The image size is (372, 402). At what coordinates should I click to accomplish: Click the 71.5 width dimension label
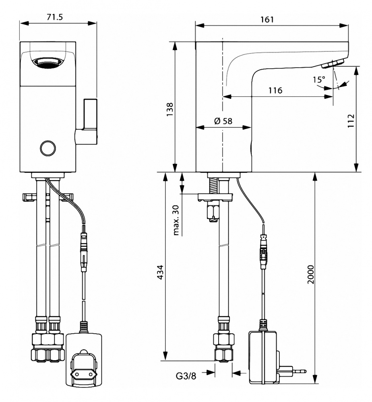pyautogui.click(x=55, y=17)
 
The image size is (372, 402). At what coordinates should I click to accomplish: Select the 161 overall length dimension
pyautogui.click(x=267, y=19)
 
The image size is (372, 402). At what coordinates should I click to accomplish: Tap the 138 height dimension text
pyautogui.click(x=170, y=110)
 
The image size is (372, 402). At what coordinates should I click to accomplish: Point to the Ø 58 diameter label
pyautogui.click(x=223, y=121)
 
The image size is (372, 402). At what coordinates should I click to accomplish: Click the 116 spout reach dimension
pyautogui.click(x=275, y=90)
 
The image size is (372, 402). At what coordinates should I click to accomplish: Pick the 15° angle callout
pyautogui.click(x=318, y=80)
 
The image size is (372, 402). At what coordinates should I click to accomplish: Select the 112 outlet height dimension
pyautogui.click(x=351, y=121)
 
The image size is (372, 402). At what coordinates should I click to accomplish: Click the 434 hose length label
pyautogui.click(x=160, y=272)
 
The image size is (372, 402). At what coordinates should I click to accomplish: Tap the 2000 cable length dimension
pyautogui.click(x=311, y=274)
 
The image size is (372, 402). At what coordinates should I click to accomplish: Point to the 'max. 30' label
pyautogui.click(x=176, y=220)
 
